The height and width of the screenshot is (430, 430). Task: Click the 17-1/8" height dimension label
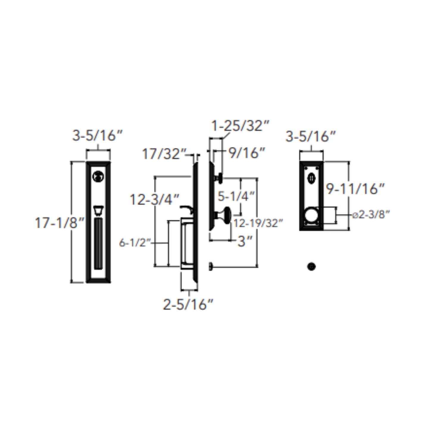(x=60, y=223)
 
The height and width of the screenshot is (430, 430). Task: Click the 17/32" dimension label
(x=163, y=154)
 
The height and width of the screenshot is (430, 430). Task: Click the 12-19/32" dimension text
(x=258, y=223)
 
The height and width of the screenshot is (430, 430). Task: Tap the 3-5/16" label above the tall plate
(x=98, y=136)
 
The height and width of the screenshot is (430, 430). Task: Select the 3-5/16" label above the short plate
(x=311, y=137)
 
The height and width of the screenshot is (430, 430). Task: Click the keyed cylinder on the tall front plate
(x=98, y=176)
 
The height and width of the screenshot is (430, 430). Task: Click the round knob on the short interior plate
(x=311, y=215)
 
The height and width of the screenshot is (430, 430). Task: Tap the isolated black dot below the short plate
(x=311, y=266)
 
